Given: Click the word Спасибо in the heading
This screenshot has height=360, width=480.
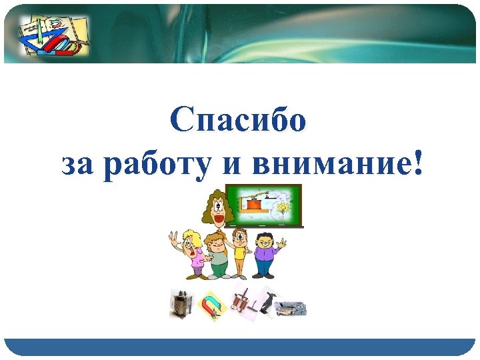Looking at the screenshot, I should click(x=238, y=121).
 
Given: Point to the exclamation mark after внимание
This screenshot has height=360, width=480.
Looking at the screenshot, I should click(x=418, y=163).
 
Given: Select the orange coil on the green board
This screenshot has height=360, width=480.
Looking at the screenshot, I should click(x=252, y=204).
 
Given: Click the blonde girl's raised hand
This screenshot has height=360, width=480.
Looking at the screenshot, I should click(x=173, y=238).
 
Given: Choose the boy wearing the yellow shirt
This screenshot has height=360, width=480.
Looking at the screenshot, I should click(x=240, y=253).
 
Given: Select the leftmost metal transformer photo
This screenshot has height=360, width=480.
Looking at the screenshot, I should click(x=181, y=304).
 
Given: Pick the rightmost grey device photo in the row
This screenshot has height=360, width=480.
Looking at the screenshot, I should click(x=291, y=307).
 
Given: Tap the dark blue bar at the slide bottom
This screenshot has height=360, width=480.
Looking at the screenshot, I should click(x=240, y=347).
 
